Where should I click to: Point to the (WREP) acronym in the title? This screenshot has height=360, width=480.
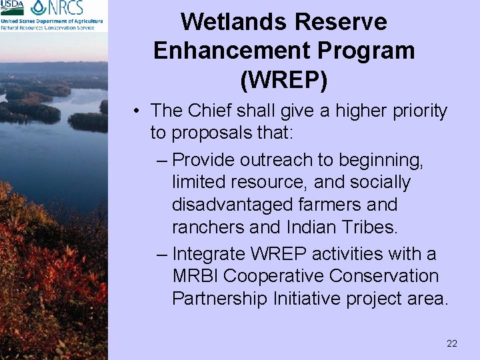point(284,79)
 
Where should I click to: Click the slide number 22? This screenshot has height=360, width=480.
point(451,343)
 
